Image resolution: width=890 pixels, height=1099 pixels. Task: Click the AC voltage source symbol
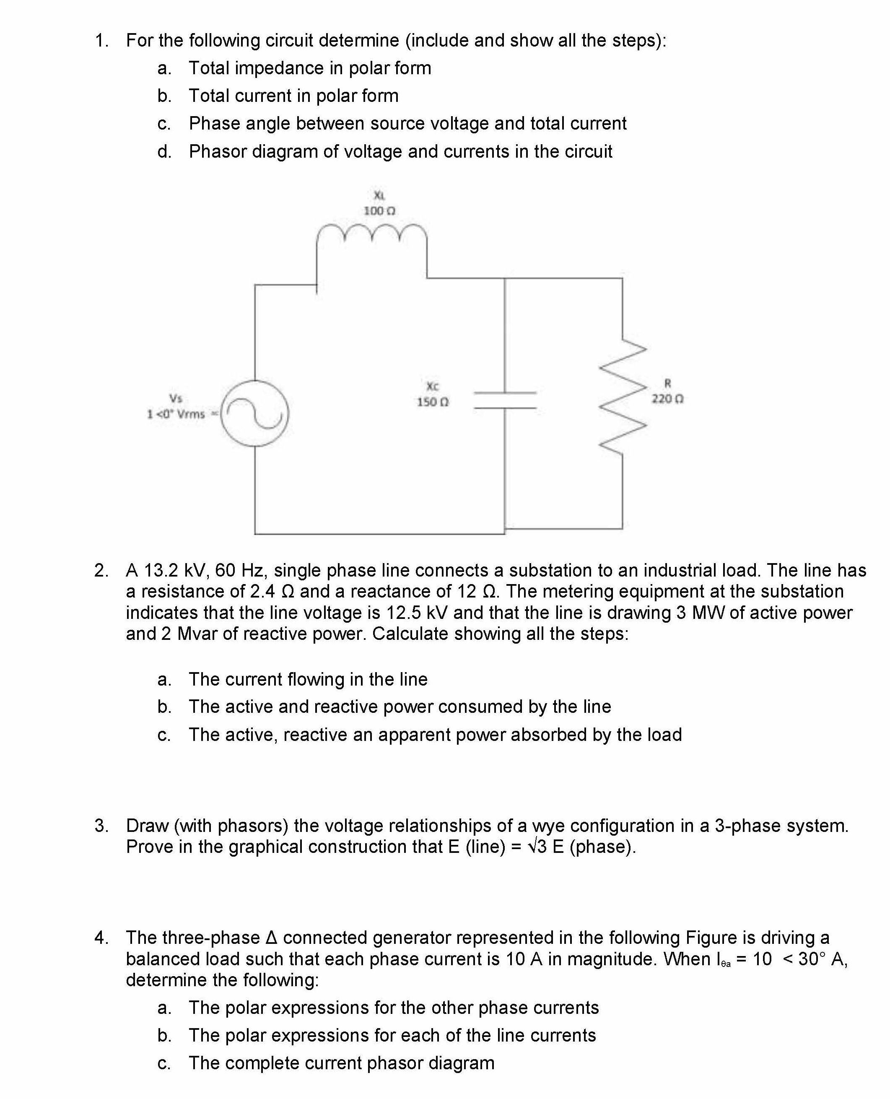(255, 413)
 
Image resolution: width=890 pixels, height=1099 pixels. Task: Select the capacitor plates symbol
(505, 400)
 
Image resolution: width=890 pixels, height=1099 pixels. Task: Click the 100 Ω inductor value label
(379, 211)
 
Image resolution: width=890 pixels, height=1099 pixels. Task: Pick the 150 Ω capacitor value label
(433, 402)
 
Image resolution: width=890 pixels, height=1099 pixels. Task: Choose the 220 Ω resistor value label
(667, 398)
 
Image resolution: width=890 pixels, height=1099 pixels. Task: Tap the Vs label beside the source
(176, 398)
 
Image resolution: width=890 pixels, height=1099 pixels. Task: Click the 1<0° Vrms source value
(176, 414)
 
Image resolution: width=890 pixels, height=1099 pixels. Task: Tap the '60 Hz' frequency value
(241, 570)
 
